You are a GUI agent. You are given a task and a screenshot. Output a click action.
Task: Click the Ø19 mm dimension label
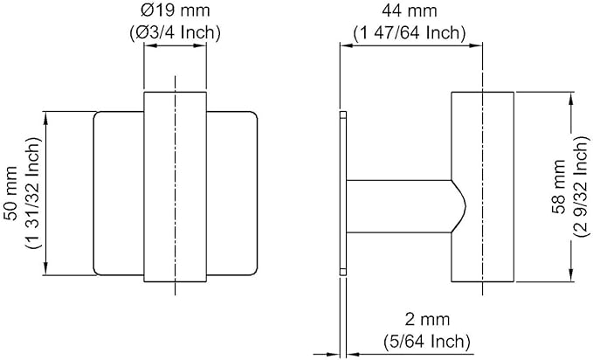[175, 10]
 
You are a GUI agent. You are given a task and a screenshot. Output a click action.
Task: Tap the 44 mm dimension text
[410, 10]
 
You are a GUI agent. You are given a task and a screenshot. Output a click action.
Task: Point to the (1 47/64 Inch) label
[410, 32]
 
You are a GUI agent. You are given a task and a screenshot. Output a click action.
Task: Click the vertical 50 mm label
[11, 193]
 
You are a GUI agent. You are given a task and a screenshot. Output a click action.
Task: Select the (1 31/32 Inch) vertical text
[33, 193]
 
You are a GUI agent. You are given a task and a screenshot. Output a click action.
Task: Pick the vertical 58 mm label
[558, 187]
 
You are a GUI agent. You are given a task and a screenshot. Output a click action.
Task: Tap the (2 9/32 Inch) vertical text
[581, 187]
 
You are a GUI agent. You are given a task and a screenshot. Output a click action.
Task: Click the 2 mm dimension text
[427, 320]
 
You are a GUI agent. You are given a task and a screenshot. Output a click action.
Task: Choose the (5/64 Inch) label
[427, 342]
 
